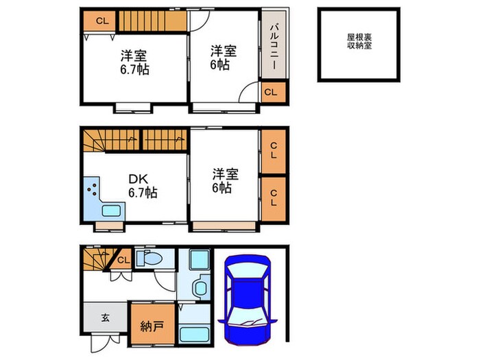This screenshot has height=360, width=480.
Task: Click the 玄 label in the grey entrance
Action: click(x=106, y=317)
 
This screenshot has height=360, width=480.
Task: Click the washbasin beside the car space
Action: click(x=200, y=289)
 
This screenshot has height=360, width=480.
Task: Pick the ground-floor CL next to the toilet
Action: click(x=123, y=260)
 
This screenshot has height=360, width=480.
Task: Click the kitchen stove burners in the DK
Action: click(x=91, y=189)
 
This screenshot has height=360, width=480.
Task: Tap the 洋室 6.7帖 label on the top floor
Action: click(x=134, y=62)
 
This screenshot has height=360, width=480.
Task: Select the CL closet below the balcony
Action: click(x=271, y=91)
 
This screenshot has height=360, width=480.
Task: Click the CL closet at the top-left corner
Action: click(x=101, y=21)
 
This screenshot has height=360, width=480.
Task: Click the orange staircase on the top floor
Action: click(x=152, y=21)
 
